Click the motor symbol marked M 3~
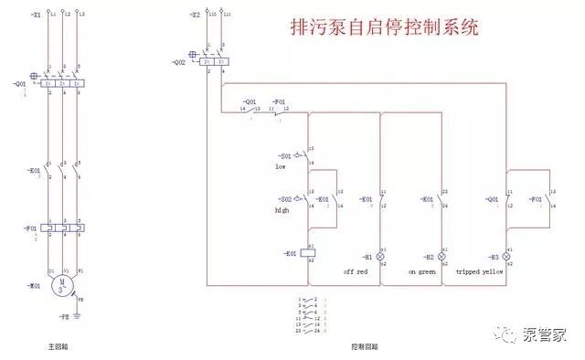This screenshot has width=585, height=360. (62, 284)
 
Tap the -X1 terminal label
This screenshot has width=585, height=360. (34, 15)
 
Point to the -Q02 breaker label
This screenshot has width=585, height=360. (178, 62)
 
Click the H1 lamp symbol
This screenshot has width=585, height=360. (381, 258)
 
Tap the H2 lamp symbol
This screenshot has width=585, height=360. (442, 258)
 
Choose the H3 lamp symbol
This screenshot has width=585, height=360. (506, 258)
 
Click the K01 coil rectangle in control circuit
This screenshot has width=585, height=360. (310, 253)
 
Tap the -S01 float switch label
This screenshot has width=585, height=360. (285, 154)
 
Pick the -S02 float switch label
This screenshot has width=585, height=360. (285, 198)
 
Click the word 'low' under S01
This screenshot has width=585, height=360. (281, 167)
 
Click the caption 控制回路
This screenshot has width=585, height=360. (363, 348)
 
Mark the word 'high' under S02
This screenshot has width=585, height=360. (282, 211)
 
